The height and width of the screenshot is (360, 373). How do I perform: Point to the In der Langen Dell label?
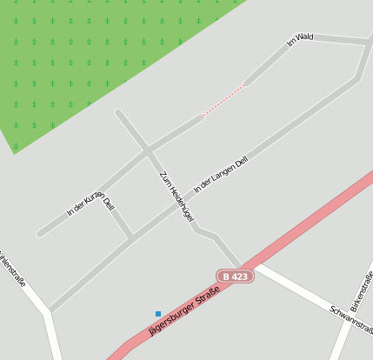tap(221, 174)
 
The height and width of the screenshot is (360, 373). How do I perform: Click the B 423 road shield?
tap(234, 276)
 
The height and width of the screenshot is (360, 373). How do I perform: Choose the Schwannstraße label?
tap(351, 320)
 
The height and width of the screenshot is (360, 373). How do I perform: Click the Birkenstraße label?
tap(362, 291)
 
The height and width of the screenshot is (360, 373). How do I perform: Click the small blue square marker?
tap(158, 313)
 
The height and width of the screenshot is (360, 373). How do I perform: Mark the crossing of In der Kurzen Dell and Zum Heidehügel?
tap(147, 150)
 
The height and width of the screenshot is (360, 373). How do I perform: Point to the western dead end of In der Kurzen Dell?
tap(39, 233)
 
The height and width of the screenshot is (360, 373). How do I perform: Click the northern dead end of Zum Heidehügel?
tap(118, 111)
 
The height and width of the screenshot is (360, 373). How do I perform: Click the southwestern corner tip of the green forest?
tap(14, 153)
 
